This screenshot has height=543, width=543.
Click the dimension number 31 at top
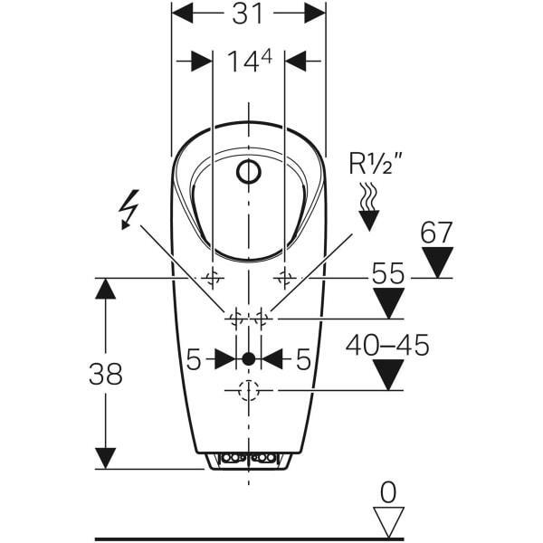(249, 14)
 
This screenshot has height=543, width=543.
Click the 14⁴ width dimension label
(249, 62)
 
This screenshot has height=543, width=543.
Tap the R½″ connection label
(376, 165)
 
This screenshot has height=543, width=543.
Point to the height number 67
(436, 233)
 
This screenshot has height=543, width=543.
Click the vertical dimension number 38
(106, 374)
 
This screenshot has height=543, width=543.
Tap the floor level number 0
(388, 492)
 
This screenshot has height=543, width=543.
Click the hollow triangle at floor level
(388, 520)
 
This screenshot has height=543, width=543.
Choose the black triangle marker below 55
(388, 304)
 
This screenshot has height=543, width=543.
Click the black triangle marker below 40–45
(388, 375)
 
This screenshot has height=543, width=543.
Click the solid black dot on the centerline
(248, 358)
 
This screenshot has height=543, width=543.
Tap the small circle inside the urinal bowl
(248, 171)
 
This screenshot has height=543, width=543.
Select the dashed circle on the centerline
(248, 390)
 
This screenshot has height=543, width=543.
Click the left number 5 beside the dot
(193, 359)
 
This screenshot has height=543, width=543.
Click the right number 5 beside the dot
(304, 359)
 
